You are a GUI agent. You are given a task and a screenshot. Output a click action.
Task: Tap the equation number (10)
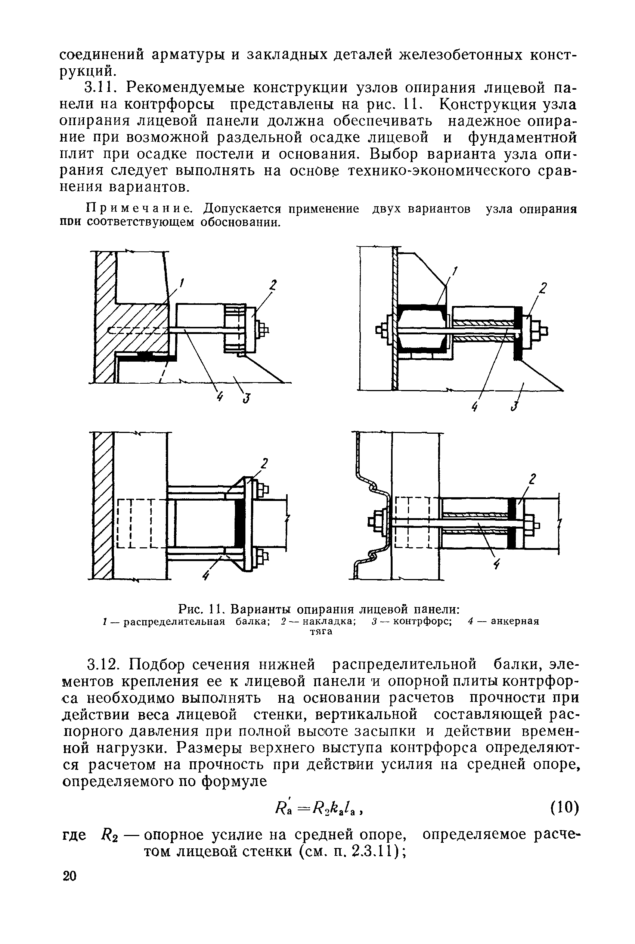564,808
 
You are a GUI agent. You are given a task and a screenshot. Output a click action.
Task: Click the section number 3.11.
98,87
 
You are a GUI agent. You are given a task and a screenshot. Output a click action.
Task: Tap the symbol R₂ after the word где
109,835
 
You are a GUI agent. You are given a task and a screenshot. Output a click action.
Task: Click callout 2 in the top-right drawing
543,288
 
